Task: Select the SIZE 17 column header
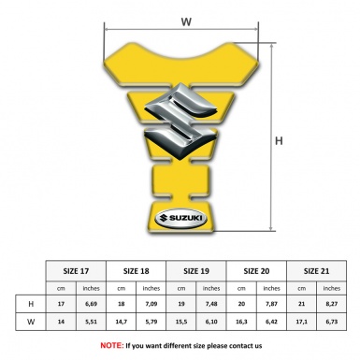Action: (76, 270)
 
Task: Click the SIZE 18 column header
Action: (137, 270)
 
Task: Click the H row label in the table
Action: (31, 304)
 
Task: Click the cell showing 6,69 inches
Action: (91, 304)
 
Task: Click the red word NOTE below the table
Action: (111, 345)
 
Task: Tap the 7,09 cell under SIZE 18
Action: (151, 304)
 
